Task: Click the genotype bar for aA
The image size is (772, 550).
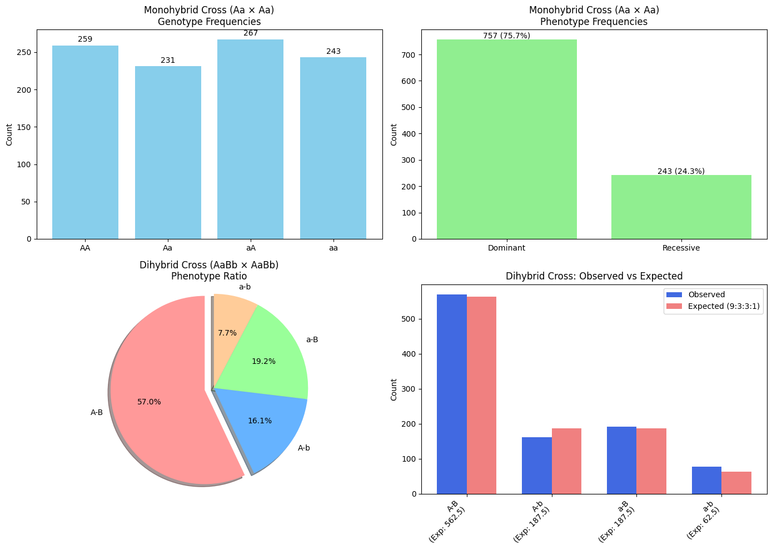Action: [x=250, y=139]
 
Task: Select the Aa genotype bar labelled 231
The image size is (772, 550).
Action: [x=168, y=153]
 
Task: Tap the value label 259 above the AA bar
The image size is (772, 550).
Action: [x=85, y=39]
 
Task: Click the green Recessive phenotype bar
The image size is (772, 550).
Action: [x=681, y=207]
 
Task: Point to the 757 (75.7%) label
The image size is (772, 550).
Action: [x=506, y=36]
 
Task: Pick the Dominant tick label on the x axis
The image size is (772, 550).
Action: [x=506, y=248]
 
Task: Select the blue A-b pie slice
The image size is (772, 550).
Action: [x=267, y=425]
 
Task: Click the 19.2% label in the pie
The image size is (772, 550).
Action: [x=263, y=361]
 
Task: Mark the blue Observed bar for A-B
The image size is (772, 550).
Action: [x=452, y=394]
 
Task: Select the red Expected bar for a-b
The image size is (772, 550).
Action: [x=736, y=483]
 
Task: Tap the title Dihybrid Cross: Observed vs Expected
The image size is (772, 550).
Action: [x=594, y=276]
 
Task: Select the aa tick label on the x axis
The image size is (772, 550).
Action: [x=333, y=248]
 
